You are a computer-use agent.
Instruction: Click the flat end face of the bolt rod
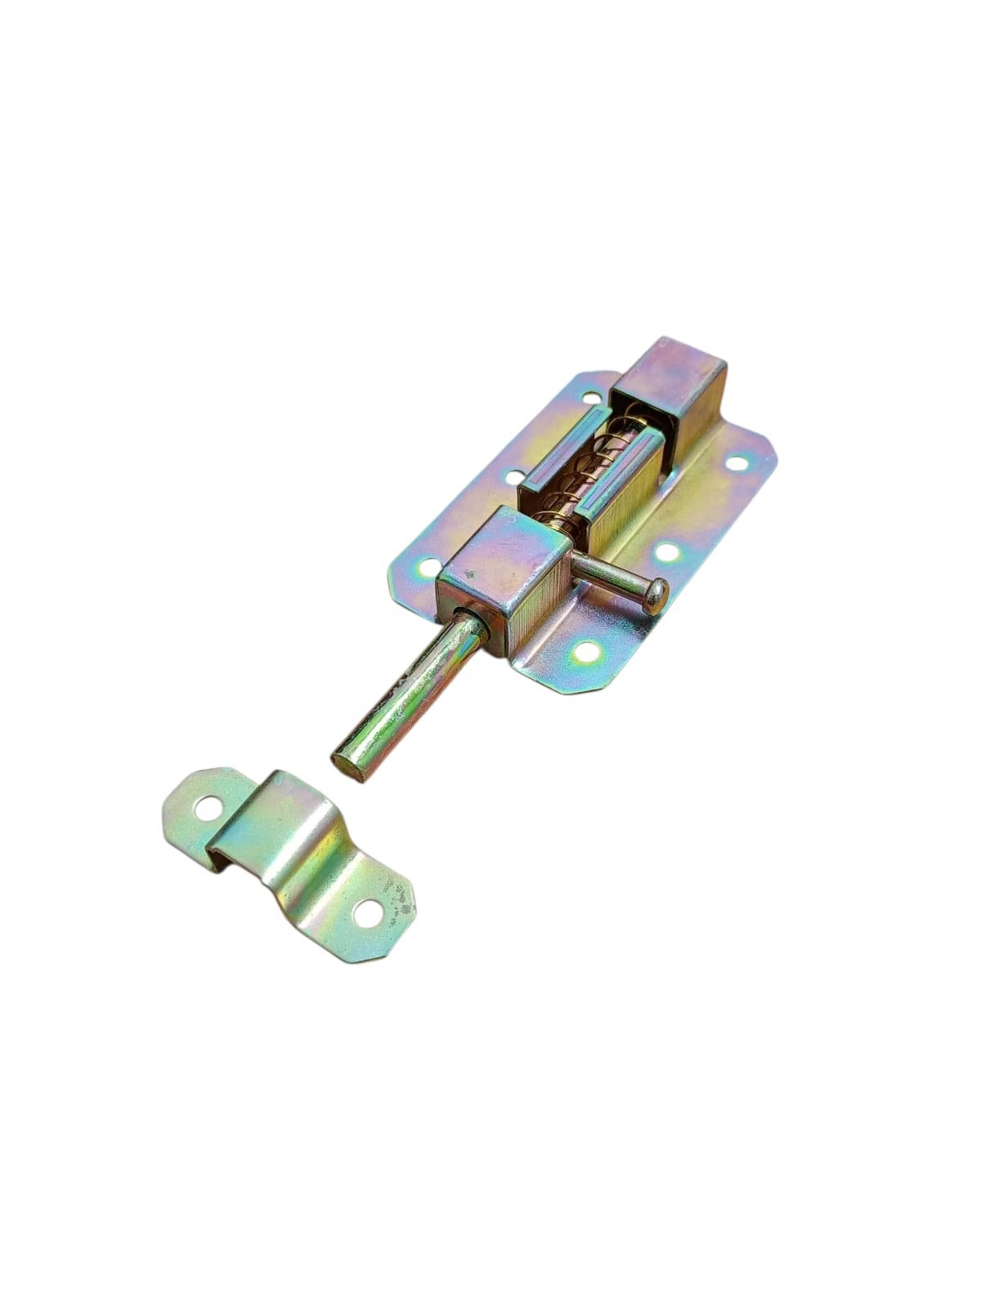[x=347, y=767]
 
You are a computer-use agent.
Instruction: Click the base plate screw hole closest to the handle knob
[x=669, y=552]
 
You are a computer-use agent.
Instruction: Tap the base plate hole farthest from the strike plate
[x=738, y=463]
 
